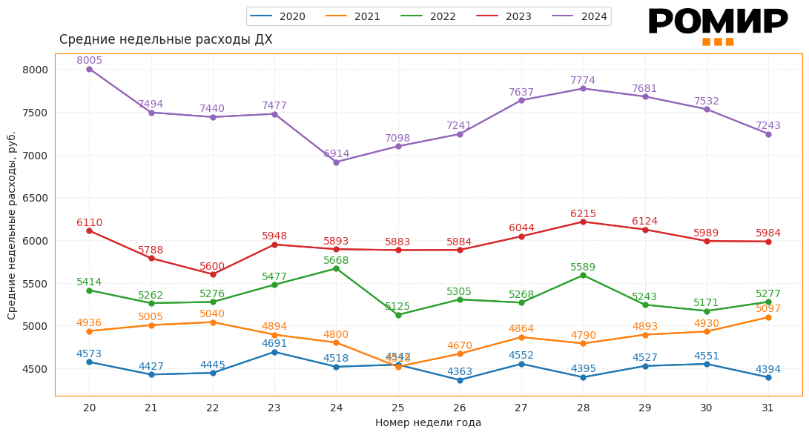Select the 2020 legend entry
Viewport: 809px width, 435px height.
(x=278, y=16)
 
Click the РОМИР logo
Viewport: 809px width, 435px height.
(x=717, y=25)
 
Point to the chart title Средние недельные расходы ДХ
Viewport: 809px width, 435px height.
(x=165, y=40)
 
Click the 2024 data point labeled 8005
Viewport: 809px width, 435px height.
(x=89, y=69)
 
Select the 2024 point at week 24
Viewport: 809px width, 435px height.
(x=336, y=162)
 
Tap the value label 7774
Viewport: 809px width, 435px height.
(x=583, y=80)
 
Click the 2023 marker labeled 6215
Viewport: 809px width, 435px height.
(x=583, y=222)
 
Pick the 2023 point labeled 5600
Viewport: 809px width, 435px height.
(x=213, y=274)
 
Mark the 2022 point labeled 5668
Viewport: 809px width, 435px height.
(x=336, y=268)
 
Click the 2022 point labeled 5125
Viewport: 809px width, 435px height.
(x=398, y=315)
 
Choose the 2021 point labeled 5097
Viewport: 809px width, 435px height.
(x=768, y=317)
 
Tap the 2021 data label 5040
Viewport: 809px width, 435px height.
(x=212, y=313)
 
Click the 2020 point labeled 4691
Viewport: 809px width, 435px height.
(x=274, y=352)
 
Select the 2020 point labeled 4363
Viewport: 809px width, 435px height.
(x=460, y=380)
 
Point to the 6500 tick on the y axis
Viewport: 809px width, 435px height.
(x=36, y=198)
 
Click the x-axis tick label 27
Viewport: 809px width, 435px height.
(x=521, y=408)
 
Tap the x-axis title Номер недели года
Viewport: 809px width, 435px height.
(x=428, y=422)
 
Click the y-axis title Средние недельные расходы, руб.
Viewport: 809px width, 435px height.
(x=12, y=225)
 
